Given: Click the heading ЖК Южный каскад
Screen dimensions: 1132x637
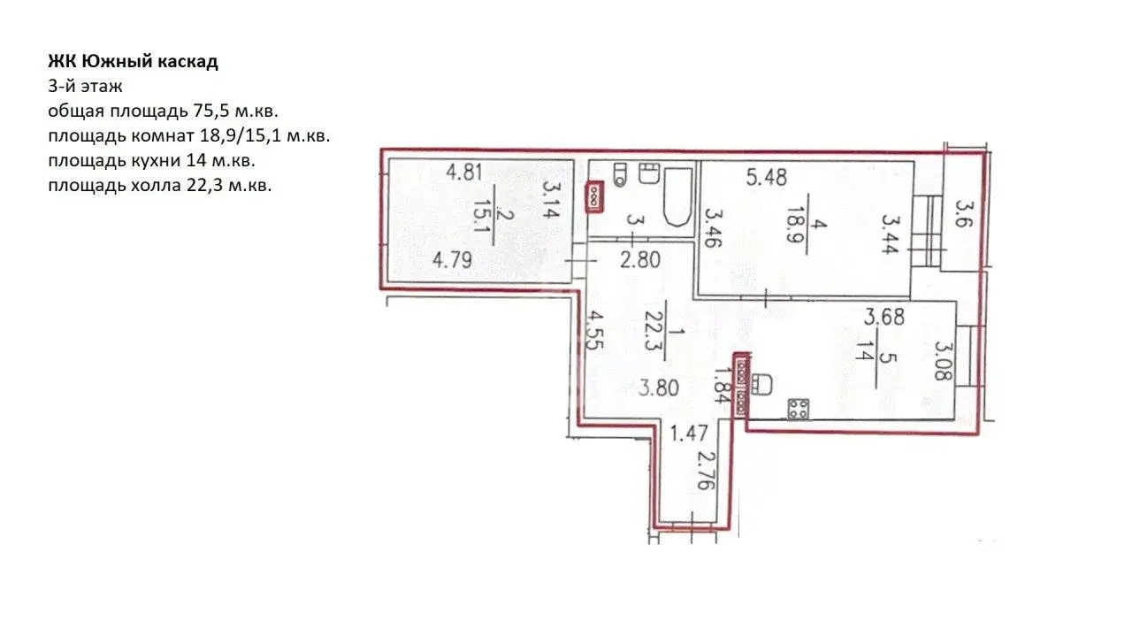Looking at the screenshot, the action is coord(133,62).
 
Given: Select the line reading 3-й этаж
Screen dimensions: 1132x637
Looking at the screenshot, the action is coord(86,87).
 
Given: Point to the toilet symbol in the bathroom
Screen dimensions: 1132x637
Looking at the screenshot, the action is coord(620,174).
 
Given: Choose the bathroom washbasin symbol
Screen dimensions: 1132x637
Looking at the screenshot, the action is coord(649,173).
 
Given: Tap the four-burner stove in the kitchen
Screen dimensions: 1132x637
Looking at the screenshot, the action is coord(799,409).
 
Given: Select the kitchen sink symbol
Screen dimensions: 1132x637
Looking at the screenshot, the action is coord(761,384).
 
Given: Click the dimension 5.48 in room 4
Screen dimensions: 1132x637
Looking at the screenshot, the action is coord(767,178).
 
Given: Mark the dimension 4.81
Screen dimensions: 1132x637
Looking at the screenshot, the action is coord(464,172).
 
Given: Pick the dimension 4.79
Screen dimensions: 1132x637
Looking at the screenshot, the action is coord(452,260).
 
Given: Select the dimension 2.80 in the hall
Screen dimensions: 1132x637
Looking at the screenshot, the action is coord(640,260).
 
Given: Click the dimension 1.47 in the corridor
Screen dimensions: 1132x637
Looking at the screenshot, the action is coord(688,434).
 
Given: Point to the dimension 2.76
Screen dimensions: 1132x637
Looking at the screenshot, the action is coord(705,470).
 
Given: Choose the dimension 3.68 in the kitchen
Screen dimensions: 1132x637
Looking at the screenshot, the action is coord(884,317).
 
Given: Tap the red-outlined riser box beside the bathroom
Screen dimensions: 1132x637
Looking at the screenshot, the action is coord(594,197).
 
